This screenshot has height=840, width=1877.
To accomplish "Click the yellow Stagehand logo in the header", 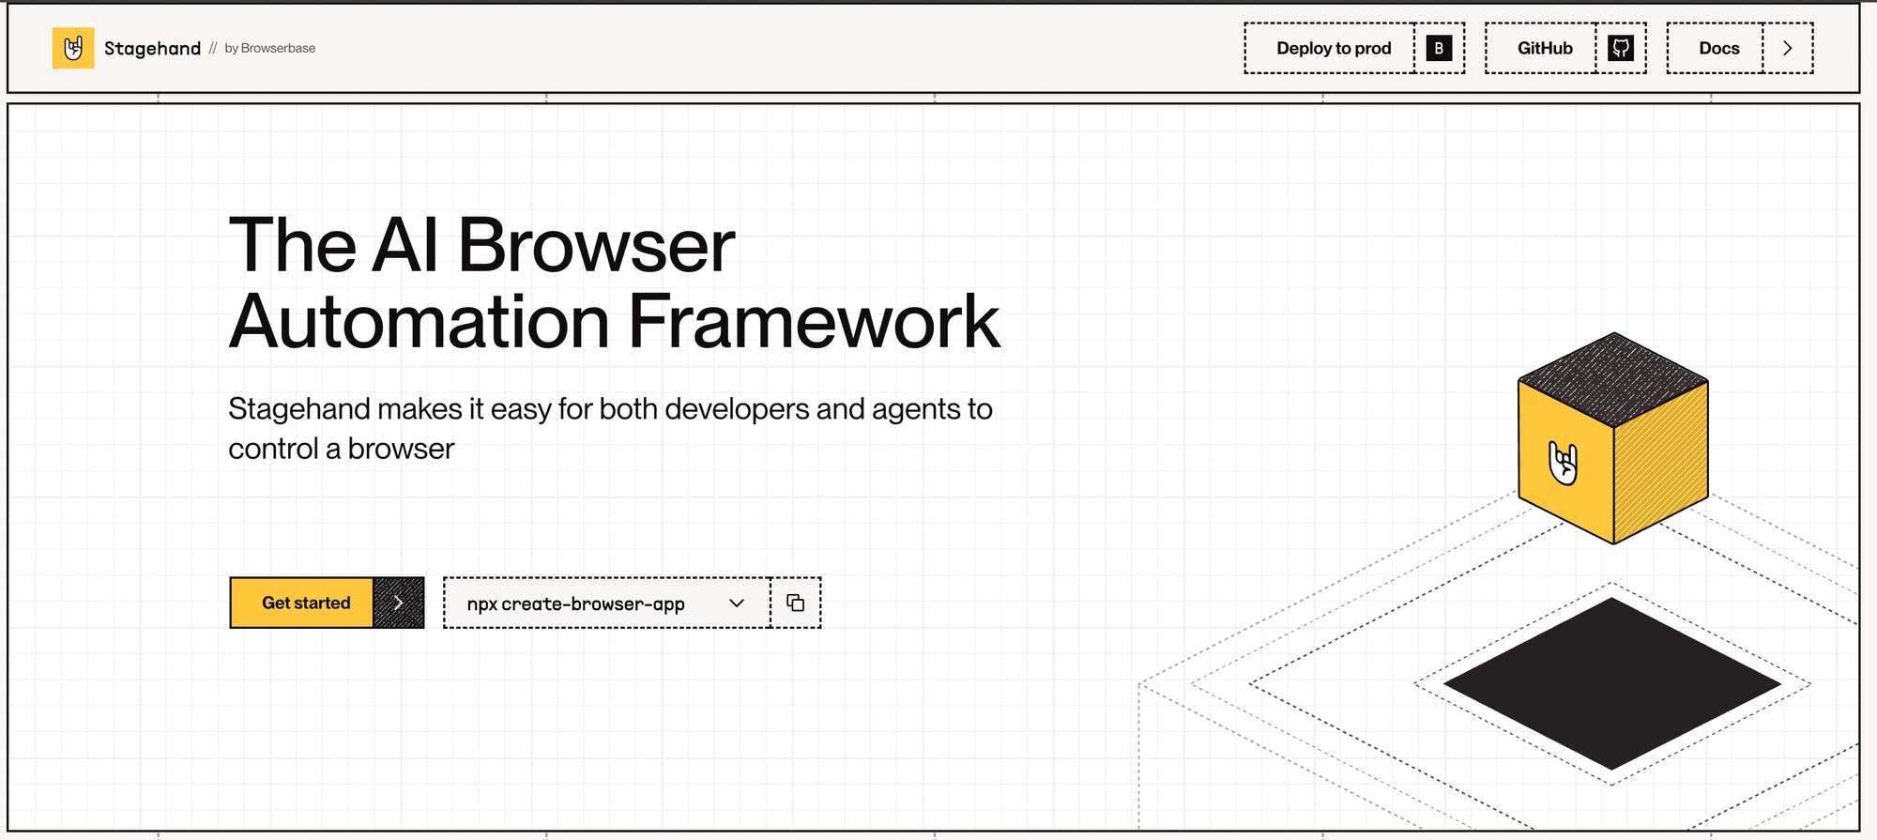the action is click(73, 48).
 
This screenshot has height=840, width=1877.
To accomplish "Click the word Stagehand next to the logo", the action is click(152, 49).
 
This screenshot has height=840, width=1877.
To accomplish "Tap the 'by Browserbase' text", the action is click(270, 48).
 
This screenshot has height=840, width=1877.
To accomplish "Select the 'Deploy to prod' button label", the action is click(1334, 48).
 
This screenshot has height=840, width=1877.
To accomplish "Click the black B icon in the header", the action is click(1439, 48).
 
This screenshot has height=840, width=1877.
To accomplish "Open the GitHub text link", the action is click(1545, 48).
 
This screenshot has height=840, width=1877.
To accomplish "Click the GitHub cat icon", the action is click(1621, 48).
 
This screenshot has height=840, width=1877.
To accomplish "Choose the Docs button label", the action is click(1719, 48).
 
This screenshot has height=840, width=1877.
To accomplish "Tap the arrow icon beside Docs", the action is click(1788, 48).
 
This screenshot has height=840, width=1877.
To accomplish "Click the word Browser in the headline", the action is click(596, 245).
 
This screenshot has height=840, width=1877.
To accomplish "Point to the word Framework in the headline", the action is click(814, 322).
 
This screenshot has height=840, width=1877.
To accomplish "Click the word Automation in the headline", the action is click(420, 322).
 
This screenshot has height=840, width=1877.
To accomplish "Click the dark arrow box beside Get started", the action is click(399, 603).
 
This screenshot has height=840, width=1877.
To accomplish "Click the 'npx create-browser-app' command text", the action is click(576, 603).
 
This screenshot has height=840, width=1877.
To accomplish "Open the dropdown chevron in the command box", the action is click(737, 603).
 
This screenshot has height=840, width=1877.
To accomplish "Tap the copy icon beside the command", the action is click(796, 603).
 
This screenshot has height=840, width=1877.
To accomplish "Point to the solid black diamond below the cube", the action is click(1612, 683).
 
